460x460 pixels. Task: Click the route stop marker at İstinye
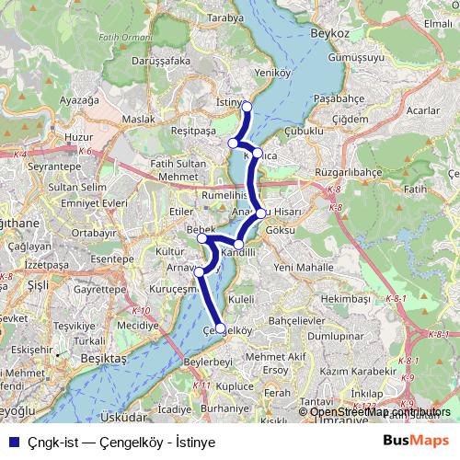click(x=247, y=107)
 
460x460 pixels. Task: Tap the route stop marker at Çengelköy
click(x=220, y=327)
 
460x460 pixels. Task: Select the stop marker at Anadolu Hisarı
click(x=261, y=213)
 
